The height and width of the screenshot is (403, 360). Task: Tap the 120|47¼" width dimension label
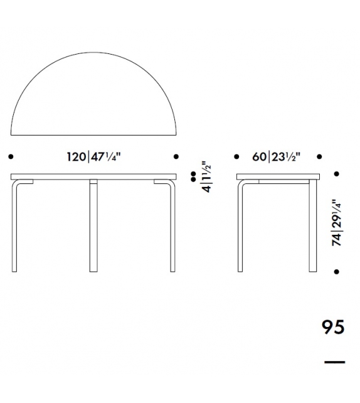tap(95, 156)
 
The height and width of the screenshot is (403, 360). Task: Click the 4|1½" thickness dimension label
tap(205, 177)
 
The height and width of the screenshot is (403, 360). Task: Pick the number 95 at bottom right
tap(332, 328)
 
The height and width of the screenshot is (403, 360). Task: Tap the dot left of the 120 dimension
tap(12, 156)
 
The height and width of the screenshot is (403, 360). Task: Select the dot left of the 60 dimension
tap(236, 156)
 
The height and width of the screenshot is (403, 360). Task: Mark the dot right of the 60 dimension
tap(320, 156)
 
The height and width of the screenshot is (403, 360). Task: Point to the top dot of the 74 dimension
tap(337, 174)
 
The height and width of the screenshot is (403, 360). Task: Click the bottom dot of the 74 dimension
tap(337, 272)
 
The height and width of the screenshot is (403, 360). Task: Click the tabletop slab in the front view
tap(94, 176)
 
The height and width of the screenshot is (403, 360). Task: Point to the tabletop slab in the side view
tap(277, 176)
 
